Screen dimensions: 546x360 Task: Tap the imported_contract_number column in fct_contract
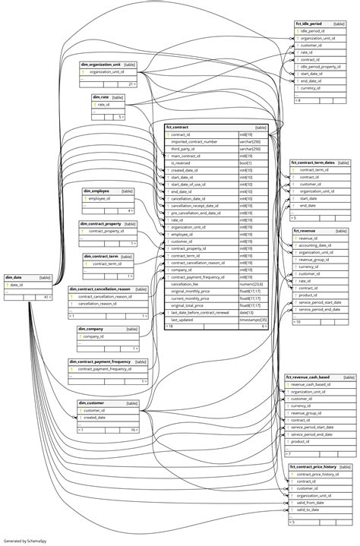194,142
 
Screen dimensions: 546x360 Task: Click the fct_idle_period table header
308,24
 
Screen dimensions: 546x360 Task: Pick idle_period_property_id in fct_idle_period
323,67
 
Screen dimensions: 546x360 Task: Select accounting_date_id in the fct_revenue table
319,245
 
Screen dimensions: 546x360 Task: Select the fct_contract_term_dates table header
311,163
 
